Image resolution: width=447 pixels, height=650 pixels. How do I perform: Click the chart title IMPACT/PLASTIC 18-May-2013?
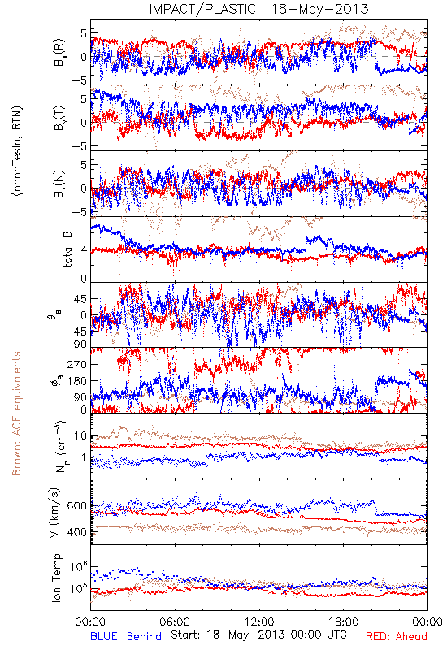258,9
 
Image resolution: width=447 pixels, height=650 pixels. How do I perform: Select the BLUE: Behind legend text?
126,636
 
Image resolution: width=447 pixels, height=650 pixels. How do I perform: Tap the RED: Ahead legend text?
396,636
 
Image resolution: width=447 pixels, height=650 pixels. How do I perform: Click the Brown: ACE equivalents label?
16,414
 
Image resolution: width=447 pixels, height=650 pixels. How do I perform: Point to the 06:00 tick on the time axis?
175,622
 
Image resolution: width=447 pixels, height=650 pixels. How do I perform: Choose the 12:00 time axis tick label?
259,622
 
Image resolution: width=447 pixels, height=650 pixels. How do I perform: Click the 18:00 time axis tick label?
344,622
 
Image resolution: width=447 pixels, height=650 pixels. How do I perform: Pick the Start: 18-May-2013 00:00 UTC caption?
258,635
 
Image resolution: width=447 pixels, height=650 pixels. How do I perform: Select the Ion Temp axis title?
56,578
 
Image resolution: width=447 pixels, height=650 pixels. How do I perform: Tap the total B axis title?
67,249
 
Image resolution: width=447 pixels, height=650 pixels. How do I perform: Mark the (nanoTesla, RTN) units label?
17,150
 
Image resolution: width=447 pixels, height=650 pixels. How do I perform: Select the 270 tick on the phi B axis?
79,364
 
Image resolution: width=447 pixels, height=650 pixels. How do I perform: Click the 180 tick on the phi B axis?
79,381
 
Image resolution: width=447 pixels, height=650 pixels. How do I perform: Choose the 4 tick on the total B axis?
85,249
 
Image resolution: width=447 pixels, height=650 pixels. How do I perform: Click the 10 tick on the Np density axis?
81,436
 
